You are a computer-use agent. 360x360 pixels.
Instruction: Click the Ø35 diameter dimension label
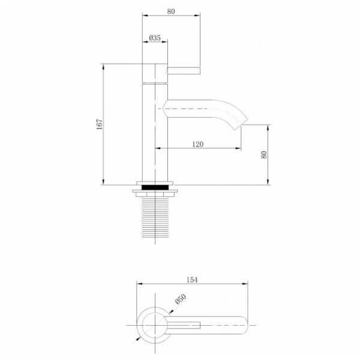point(154,38)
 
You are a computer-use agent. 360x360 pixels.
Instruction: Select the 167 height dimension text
point(100,124)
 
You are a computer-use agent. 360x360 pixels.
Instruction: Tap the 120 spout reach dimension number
point(199,143)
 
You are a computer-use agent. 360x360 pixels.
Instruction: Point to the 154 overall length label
point(192,279)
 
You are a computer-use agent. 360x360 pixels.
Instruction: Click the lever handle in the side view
point(183,73)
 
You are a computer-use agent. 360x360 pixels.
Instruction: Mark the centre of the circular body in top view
point(153,326)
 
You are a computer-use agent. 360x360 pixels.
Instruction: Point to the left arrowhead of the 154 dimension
point(139,284)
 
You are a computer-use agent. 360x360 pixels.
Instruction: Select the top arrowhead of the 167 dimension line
point(104,65)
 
